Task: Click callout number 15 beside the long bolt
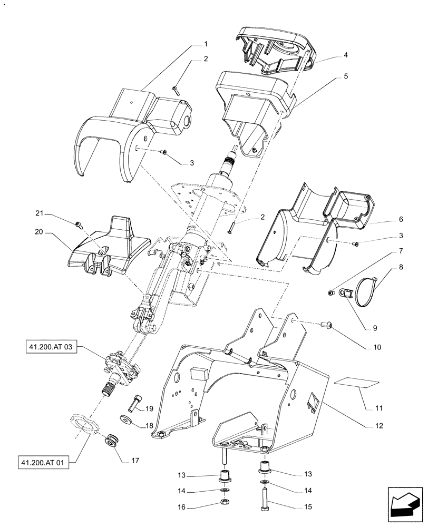click(x=307, y=507)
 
